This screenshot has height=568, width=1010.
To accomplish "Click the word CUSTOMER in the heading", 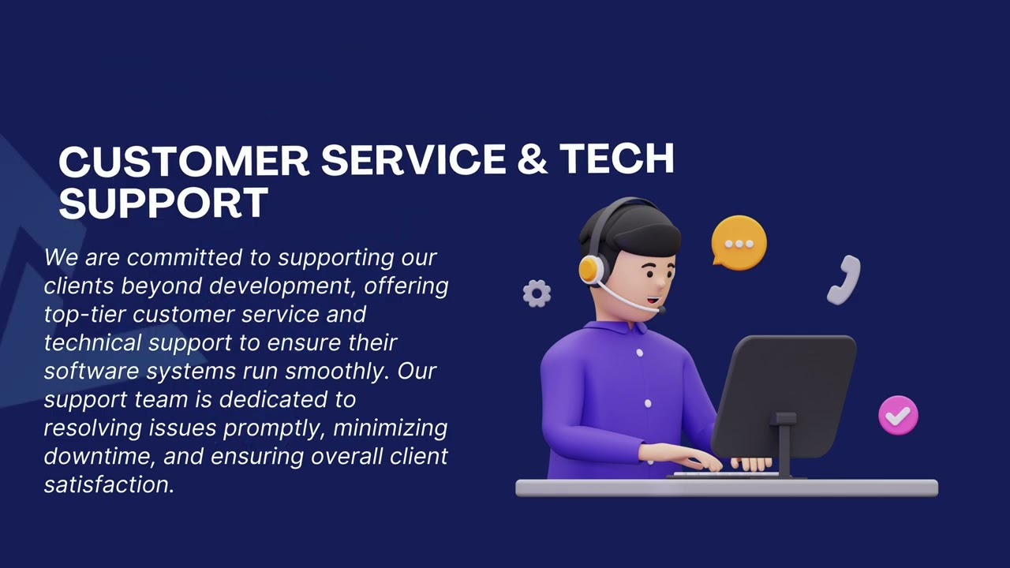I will pyautogui.click(x=183, y=160).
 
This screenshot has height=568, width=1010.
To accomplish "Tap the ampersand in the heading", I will pyautogui.click(x=533, y=160).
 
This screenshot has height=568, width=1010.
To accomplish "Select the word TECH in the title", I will pyautogui.click(x=616, y=160).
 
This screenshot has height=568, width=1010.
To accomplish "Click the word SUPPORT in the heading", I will pyautogui.click(x=163, y=204).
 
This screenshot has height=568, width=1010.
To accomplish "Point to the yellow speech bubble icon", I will pyautogui.click(x=739, y=242).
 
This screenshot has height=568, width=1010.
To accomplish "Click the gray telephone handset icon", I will pyautogui.click(x=844, y=279).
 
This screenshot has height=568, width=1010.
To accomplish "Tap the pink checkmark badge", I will pyautogui.click(x=898, y=415).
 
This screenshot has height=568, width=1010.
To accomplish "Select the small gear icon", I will pyautogui.click(x=537, y=293).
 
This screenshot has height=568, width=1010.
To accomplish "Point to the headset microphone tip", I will pyautogui.click(x=660, y=310).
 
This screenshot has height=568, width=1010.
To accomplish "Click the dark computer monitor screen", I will pyautogui.click(x=784, y=394).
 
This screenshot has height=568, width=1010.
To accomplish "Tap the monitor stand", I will pyautogui.click(x=784, y=446).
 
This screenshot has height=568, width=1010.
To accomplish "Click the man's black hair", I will pyautogui.click(x=631, y=229).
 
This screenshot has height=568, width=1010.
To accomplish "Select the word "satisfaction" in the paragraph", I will pyautogui.click(x=108, y=484).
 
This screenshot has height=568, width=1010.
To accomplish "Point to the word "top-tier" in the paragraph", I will pyautogui.click(x=84, y=314).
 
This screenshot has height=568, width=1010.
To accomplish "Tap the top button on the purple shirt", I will pyautogui.click(x=639, y=353).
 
